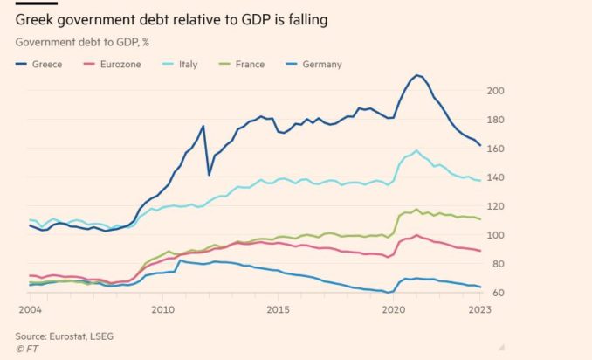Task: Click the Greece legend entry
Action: click(45, 64)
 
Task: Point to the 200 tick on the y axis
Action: click(496, 91)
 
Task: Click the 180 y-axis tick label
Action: click(496, 120)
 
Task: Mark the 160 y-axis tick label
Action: click(496, 149)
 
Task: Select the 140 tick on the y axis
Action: click(496, 177)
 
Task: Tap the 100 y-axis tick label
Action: click(496, 235)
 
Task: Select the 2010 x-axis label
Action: click(162, 309)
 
